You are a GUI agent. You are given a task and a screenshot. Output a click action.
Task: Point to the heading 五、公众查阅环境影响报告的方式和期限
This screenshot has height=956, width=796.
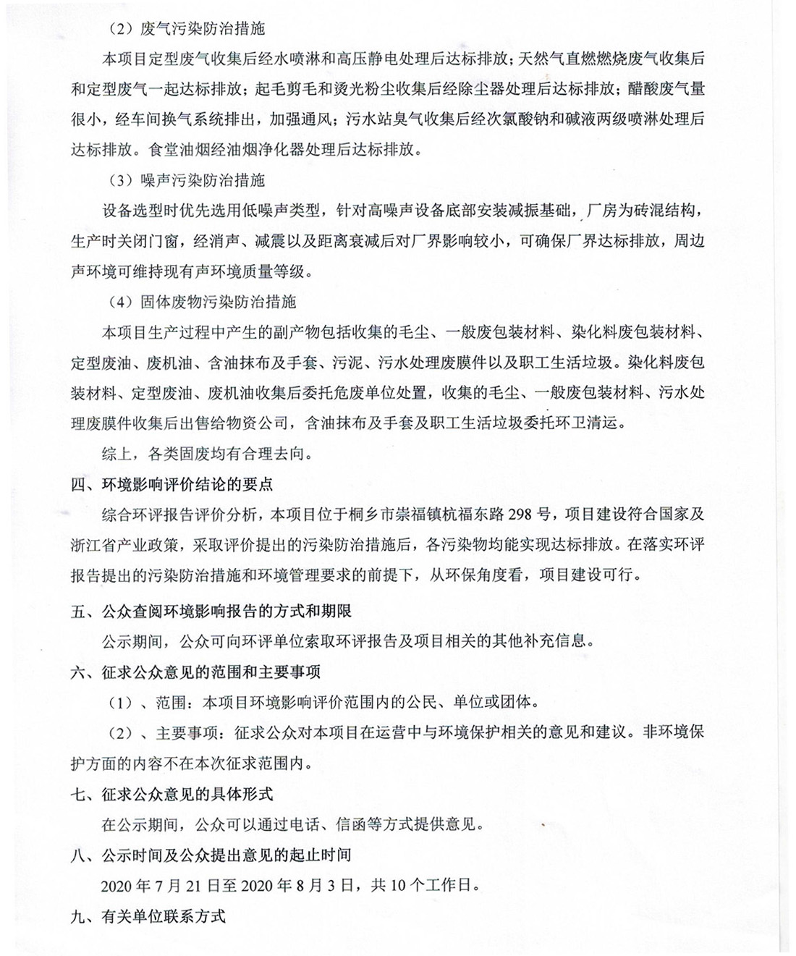211,612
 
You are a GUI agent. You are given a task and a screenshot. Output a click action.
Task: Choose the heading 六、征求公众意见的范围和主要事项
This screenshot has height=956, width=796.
195,672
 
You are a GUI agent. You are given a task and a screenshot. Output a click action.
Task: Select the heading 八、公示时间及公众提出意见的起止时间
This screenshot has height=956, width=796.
211,855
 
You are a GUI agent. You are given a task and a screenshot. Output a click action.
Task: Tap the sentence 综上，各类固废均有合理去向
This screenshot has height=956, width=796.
206,454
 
